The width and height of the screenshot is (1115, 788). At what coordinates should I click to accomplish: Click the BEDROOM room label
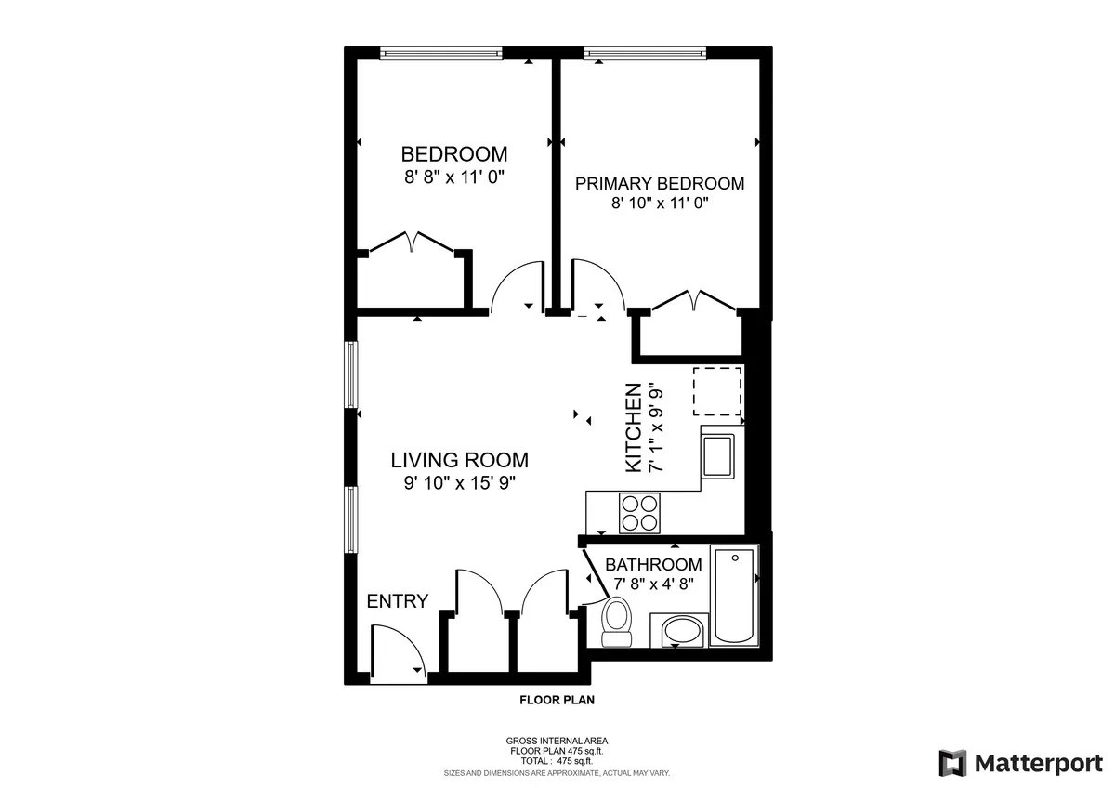click(453, 154)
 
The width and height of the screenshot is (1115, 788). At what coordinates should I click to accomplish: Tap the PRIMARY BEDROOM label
click(660, 183)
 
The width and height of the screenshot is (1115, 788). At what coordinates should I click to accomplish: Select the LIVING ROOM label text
click(459, 459)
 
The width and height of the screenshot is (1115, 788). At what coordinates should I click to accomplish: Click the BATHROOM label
click(653, 565)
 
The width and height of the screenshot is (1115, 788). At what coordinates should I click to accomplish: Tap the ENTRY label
click(398, 601)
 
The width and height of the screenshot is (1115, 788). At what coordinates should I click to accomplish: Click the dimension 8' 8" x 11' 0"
click(453, 177)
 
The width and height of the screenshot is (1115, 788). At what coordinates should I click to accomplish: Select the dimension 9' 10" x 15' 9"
click(459, 482)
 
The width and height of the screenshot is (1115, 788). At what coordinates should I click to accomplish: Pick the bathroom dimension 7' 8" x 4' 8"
click(653, 584)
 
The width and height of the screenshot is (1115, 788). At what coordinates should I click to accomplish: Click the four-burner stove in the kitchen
click(639, 512)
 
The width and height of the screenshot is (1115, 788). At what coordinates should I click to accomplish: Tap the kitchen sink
click(719, 455)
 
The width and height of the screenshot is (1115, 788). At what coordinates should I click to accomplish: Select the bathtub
click(734, 596)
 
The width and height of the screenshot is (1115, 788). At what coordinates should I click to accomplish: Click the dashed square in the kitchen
click(717, 390)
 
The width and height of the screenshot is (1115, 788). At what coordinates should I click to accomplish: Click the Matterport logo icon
click(952, 763)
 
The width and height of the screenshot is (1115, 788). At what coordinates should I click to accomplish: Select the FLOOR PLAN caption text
click(557, 701)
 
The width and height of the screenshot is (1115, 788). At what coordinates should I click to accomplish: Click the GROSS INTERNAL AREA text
click(557, 741)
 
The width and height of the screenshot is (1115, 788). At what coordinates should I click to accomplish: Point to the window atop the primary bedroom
click(645, 53)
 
